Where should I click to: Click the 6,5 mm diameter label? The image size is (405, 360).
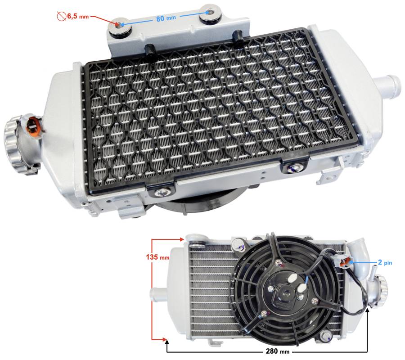[78, 17]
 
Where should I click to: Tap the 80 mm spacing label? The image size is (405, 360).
[166, 18]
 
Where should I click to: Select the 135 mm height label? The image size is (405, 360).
[157, 257]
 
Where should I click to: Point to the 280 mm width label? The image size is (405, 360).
[278, 351]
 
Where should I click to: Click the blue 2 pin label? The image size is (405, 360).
[385, 263]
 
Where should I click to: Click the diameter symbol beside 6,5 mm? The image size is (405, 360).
[62, 17]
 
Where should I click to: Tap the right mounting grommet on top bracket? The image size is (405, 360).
[210, 13]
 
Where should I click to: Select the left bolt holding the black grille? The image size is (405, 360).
[162, 192]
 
